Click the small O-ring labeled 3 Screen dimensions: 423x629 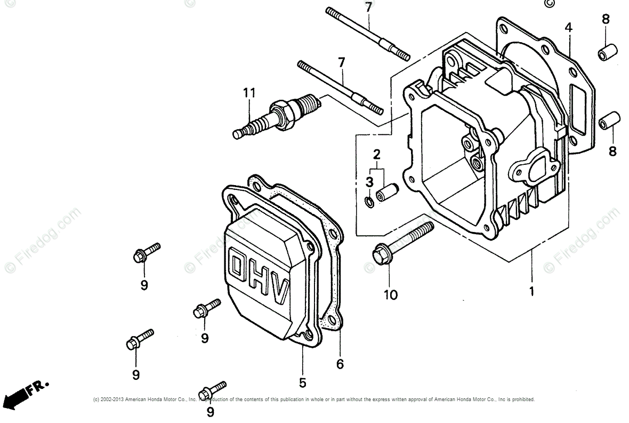point(368,202)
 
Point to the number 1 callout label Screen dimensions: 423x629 point(531,291)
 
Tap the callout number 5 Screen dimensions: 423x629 point(302,382)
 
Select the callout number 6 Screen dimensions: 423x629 point(340,364)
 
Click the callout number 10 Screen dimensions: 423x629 point(391,294)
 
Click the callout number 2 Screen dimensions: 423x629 point(377,155)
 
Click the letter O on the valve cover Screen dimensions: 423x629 point(236,266)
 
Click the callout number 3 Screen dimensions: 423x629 point(369,181)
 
